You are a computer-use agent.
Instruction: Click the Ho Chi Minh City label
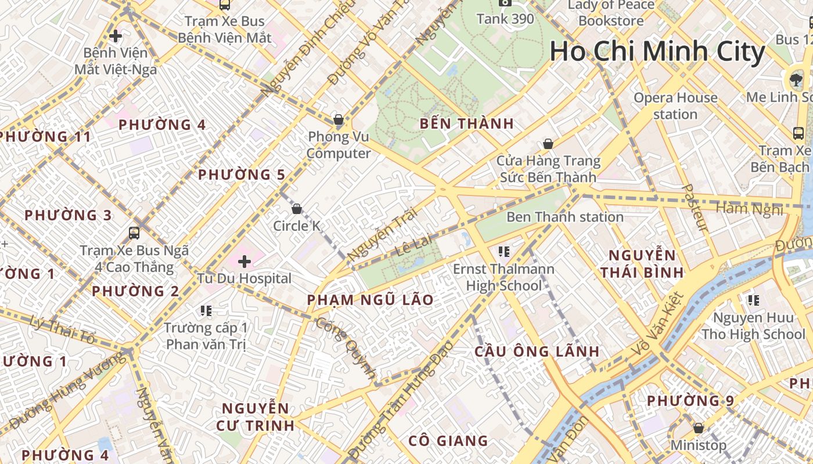[x=657, y=52]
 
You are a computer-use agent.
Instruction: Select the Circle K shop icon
[x=297, y=209]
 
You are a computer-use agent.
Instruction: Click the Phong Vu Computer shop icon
[x=339, y=120]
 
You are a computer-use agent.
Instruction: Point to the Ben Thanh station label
[x=565, y=217]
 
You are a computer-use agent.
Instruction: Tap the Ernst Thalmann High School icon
[x=503, y=252]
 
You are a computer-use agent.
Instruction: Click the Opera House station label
[x=675, y=106]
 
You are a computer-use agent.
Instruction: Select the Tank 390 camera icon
[x=505, y=2]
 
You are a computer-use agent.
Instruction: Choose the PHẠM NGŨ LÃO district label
[x=370, y=300]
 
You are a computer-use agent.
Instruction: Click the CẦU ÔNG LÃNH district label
[x=537, y=351]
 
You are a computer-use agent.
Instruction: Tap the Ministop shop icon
[x=699, y=428]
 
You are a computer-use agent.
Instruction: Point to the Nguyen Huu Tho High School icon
[x=753, y=300]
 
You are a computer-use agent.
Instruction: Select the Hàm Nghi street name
[x=749, y=208]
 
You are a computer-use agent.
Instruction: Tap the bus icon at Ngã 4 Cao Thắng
[x=134, y=233]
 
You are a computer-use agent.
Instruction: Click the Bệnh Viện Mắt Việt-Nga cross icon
[x=116, y=36]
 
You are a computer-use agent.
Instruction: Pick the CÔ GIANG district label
[x=448, y=441]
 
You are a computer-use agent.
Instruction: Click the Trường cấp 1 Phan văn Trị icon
[x=205, y=311]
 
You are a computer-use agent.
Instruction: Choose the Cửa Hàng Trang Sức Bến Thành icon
[x=548, y=144]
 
